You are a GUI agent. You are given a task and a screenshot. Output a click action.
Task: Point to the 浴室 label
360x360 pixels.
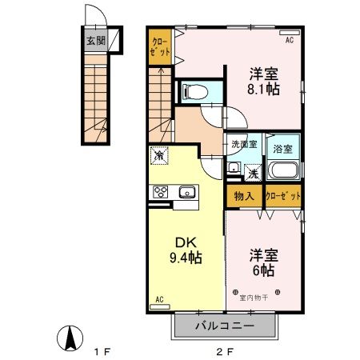(x=282, y=148)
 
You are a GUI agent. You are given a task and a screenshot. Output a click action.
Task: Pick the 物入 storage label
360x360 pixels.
(x=243, y=196)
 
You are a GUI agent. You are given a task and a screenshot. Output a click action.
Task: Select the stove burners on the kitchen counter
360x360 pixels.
(x=160, y=192)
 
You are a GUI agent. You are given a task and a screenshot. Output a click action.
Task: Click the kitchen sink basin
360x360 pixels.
(x=186, y=192)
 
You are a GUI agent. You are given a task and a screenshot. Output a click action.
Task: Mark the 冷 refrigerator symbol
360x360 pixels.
(x=160, y=157)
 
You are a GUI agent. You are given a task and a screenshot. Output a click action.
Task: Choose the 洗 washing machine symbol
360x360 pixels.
(x=252, y=172)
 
